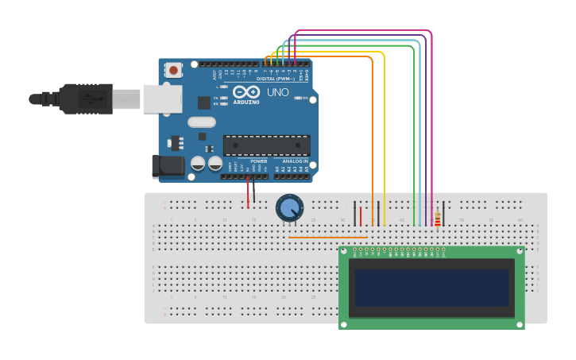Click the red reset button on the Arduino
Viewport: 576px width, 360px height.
pyautogui.click(x=173, y=71)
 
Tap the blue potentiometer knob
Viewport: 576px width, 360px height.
pyautogui.click(x=289, y=208)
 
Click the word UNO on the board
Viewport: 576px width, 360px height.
pyautogui.click(x=277, y=92)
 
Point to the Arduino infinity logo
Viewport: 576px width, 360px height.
pyautogui.click(x=246, y=91)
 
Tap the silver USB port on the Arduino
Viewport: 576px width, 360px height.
pyautogui.click(x=162, y=99)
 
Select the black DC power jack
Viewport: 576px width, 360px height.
pyautogui.click(x=166, y=166)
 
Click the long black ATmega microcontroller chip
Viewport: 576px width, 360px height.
pyautogui.click(x=266, y=145)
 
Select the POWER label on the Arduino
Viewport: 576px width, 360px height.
pyautogui.click(x=259, y=161)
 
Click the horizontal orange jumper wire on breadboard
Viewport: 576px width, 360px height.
pyautogui.click(x=328, y=237)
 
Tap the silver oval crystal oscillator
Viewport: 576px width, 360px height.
pyautogui.click(x=202, y=122)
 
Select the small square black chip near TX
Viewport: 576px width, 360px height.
pyautogui.click(x=204, y=103)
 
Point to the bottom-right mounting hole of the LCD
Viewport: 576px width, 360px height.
pyautogui.click(x=520, y=324)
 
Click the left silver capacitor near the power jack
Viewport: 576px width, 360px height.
pyautogui.click(x=198, y=164)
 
